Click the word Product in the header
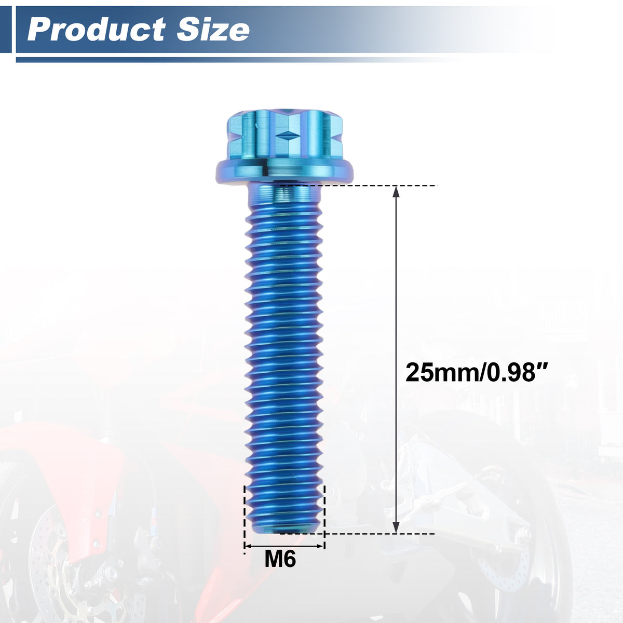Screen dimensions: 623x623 coord(97,30)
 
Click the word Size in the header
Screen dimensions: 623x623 coord(213,30)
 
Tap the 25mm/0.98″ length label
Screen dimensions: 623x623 coord(476,372)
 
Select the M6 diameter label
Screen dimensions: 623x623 coord(280,559)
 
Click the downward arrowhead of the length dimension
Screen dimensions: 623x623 coord(396,527)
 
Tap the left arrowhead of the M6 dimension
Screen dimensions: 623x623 coord(248,546)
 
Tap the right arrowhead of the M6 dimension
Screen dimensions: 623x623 coord(320,546)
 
